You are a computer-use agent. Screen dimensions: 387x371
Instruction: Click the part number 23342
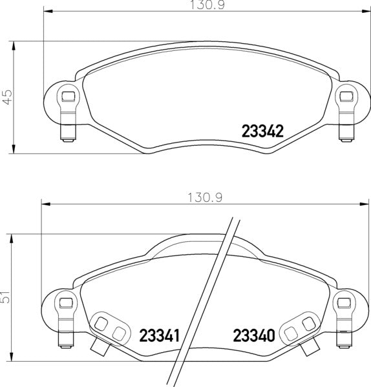[x=262, y=132]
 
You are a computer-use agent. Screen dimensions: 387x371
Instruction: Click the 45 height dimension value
[x=8, y=97]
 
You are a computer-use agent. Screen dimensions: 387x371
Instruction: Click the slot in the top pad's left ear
[x=66, y=98]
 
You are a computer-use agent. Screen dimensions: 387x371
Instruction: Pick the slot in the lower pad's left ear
[x=63, y=302]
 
